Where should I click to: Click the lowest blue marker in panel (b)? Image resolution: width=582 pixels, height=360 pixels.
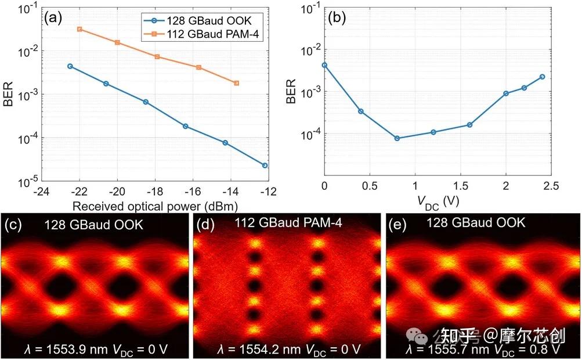click(x=397, y=138)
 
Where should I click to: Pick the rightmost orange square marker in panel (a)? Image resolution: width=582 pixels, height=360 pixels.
click(x=236, y=83)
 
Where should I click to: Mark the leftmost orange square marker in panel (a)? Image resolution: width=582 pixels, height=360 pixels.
click(x=79, y=29)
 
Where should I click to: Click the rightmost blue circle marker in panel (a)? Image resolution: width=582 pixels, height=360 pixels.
click(x=265, y=165)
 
